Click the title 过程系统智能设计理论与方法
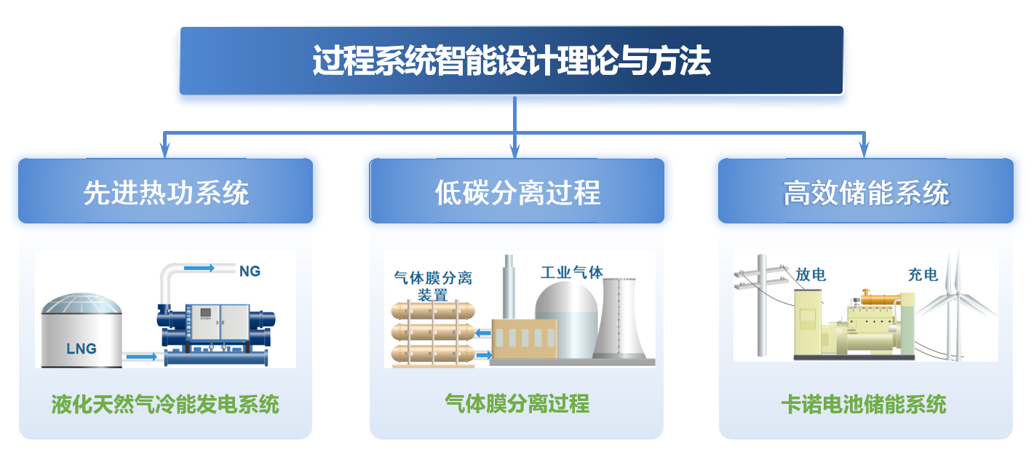coord(511,61)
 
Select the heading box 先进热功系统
coord(166,192)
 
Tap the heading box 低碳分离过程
coord(517,192)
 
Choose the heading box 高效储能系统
coord(866,192)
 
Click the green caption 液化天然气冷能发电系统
coord(165,405)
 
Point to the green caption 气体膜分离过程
coord(517,403)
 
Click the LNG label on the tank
coord(81,349)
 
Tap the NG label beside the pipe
coord(250,271)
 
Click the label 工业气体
coord(571,273)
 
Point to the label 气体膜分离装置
coord(433,286)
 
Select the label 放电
coord(811,274)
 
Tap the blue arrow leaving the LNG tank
coord(142,357)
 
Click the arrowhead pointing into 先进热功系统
coord(165,151)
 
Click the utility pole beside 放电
coord(762,306)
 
